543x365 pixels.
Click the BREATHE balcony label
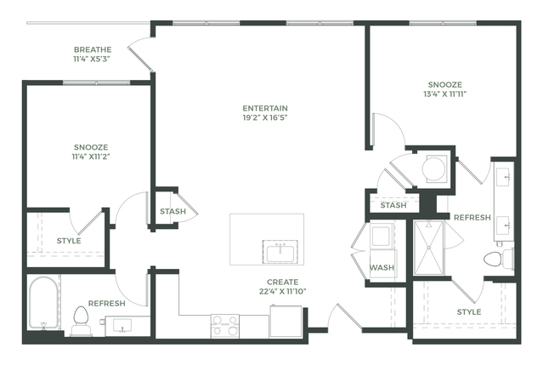tap(93, 49)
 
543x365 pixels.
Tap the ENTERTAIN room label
tap(265, 108)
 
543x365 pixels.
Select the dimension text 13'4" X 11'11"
tap(445, 94)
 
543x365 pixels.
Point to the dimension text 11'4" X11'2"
tap(91, 157)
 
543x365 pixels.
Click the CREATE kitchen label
tap(283, 282)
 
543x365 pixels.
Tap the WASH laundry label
tap(382, 268)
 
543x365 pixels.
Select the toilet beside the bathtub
tap(81, 320)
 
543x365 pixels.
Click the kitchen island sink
tap(280, 251)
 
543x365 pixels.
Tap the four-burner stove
tap(225, 326)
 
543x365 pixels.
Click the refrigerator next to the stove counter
tap(286, 321)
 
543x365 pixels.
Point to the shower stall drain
tap(429, 248)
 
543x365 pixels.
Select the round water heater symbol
tap(433, 169)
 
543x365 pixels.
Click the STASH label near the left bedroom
tap(173, 211)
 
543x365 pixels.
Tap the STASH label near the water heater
tap(393, 205)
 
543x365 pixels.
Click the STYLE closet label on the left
tap(69, 241)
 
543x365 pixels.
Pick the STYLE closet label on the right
tap(469, 312)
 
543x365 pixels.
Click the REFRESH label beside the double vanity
tap(472, 217)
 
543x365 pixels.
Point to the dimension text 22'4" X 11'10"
tap(283, 292)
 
